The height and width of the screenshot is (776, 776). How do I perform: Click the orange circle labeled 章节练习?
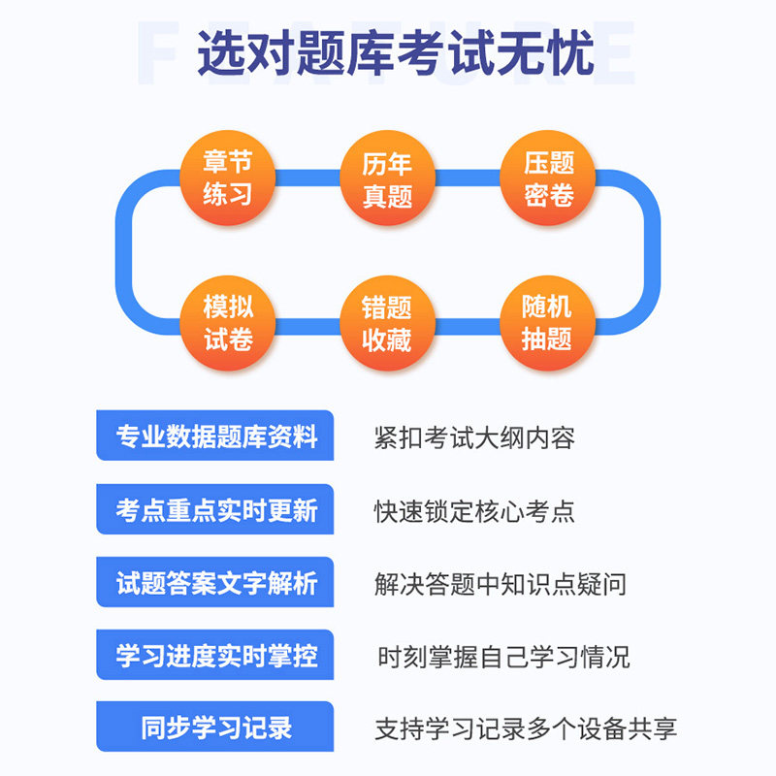point(228,178)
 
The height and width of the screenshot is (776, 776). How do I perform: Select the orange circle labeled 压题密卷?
point(549,178)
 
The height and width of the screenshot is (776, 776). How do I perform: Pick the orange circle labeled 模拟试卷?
point(228,323)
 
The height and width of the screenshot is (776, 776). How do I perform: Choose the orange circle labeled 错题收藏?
point(387,324)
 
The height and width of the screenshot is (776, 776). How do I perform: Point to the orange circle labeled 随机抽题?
point(547,323)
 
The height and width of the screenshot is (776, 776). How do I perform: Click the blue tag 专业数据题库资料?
point(215,436)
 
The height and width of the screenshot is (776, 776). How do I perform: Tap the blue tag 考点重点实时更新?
point(215,510)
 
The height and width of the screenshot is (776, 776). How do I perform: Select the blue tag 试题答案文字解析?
point(215,583)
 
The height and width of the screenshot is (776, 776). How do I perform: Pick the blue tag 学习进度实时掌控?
point(215,656)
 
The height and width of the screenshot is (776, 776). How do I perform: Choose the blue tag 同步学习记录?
point(215,727)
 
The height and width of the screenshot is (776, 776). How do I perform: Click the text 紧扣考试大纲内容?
point(474,437)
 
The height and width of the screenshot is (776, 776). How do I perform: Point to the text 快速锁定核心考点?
point(474,511)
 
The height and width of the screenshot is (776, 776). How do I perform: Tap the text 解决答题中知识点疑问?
point(500,584)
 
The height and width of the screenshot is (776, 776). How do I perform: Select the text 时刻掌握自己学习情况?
point(502,657)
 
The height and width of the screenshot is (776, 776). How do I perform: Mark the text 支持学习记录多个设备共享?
point(525,728)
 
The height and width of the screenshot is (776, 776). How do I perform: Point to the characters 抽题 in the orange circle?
point(547,339)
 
